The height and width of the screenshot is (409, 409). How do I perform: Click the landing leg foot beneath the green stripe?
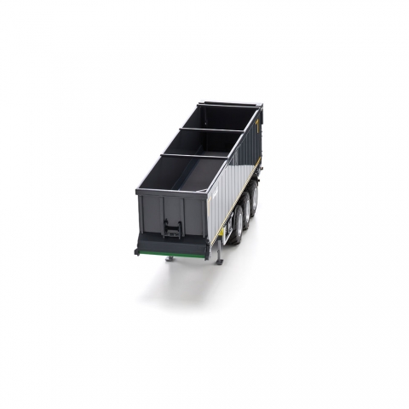(x=170, y=259)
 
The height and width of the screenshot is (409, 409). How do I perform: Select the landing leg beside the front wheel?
(x=219, y=252)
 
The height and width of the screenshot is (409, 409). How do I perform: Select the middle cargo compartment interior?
(x=204, y=142)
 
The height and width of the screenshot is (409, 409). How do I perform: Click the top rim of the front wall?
(x=170, y=193)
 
